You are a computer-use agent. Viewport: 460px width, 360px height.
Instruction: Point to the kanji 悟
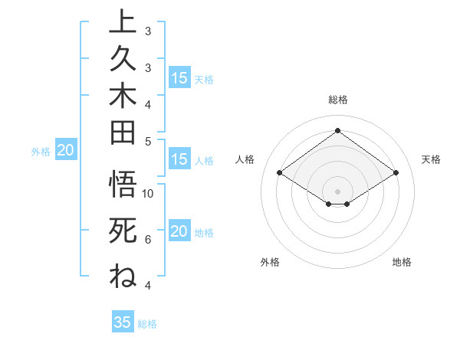(x=123, y=185)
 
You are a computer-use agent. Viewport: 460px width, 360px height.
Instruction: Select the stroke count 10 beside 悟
(x=149, y=193)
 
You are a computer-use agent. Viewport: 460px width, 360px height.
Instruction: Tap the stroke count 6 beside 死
(x=148, y=240)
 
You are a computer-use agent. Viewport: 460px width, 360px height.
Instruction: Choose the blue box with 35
(x=123, y=322)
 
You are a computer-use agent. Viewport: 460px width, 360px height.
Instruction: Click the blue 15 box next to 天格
(x=179, y=78)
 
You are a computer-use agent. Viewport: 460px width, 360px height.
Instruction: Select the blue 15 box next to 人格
(x=179, y=160)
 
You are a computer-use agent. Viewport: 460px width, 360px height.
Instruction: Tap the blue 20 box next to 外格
(x=66, y=151)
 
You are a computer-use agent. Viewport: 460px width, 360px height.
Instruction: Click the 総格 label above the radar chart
(x=337, y=100)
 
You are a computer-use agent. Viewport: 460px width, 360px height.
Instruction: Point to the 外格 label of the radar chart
(x=270, y=263)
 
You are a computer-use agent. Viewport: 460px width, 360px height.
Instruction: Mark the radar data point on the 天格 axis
(x=396, y=173)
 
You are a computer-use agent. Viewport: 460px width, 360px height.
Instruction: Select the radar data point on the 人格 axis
(x=280, y=173)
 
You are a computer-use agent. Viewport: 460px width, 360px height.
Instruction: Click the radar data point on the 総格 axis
(x=337, y=131)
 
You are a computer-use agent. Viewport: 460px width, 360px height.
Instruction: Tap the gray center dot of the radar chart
(x=337, y=191)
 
